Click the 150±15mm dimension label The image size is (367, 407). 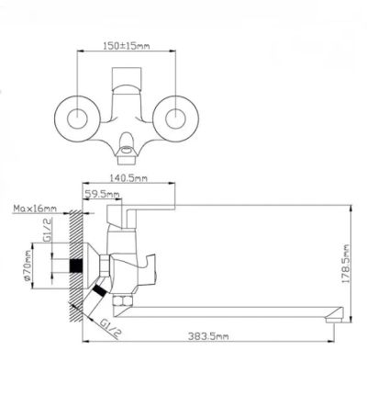click(x=127, y=46)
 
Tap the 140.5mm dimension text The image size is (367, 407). click(x=128, y=178)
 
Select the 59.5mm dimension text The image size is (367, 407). click(x=102, y=194)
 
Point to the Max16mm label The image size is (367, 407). click(x=35, y=209)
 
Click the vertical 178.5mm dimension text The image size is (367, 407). click(x=345, y=264)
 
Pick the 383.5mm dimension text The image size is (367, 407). click(x=208, y=336)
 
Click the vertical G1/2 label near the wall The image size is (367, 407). click(x=47, y=230)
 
